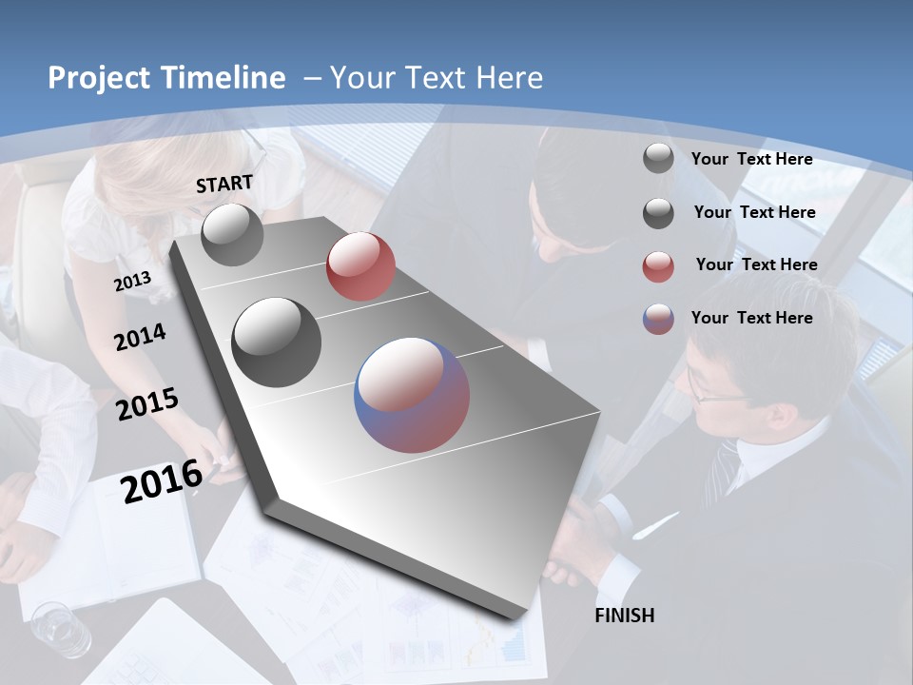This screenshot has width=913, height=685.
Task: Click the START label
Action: pyautogui.click(x=224, y=184)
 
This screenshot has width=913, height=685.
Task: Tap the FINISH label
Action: pyautogui.click(x=625, y=616)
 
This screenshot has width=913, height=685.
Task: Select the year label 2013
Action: pyautogui.click(x=133, y=282)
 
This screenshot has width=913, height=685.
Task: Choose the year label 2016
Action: pyautogui.click(x=162, y=480)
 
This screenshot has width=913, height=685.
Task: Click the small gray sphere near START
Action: pyautogui.click(x=232, y=234)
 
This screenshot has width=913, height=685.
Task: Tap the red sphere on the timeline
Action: pyautogui.click(x=360, y=266)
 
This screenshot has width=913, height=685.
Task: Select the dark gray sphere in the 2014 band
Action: pyautogui.click(x=277, y=342)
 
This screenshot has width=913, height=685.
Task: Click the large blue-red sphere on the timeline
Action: pyautogui.click(x=412, y=395)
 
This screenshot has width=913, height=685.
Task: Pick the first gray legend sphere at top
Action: pyautogui.click(x=658, y=158)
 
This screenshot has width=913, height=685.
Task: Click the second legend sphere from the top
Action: pyautogui.click(x=658, y=213)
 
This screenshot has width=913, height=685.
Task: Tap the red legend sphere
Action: pyautogui.click(x=658, y=266)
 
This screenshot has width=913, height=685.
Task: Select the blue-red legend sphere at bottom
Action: pyautogui.click(x=658, y=319)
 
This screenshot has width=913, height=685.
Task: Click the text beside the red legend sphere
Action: pyautogui.click(x=756, y=264)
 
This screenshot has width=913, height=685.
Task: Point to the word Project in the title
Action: pyautogui.click(x=97, y=78)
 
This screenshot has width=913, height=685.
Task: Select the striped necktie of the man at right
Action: pyautogui.click(x=724, y=471)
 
